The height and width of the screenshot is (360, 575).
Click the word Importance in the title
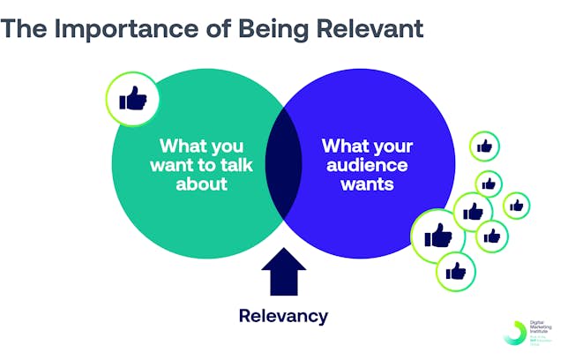click(129, 28)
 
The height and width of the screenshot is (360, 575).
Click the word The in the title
click(27, 28)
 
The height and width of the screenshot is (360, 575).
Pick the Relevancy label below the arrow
click(283, 315)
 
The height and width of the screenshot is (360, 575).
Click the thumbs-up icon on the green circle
click(132, 100)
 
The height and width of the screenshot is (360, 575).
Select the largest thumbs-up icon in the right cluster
click(438, 236)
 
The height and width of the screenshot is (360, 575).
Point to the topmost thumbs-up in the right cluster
click(483, 146)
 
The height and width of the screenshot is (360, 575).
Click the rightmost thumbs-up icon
click(516, 206)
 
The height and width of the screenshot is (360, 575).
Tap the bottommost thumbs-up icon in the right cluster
click(455, 271)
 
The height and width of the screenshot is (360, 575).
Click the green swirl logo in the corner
click(512, 333)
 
